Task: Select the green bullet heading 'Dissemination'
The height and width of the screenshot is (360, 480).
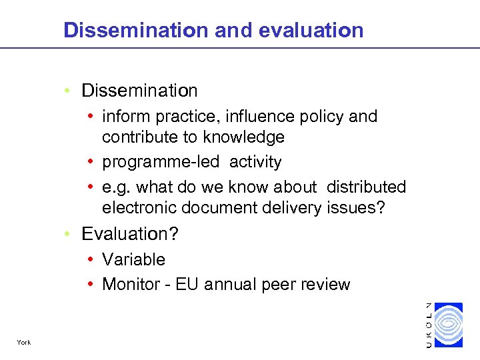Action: point(139,91)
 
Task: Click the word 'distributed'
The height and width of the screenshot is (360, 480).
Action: point(365,187)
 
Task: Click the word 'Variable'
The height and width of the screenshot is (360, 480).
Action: point(133,259)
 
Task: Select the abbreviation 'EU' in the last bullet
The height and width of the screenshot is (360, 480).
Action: point(191,285)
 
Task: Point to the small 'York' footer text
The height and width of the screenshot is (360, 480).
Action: point(24,343)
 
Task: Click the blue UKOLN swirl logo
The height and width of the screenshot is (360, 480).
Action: point(447,325)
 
